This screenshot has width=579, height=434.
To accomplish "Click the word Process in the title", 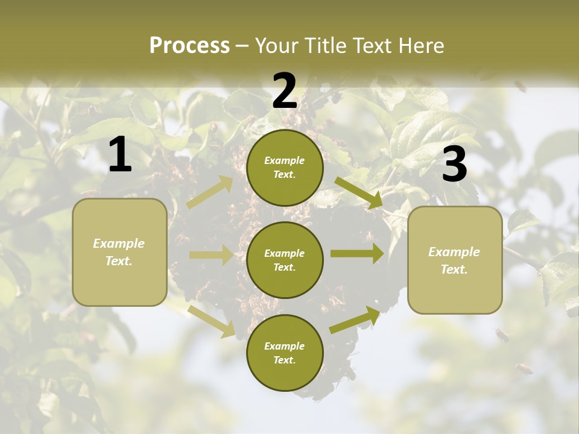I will click(189, 46).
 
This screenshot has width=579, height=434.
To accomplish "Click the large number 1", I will click(120, 155).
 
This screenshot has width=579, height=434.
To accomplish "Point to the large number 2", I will click(285, 91).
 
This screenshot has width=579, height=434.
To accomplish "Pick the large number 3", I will click(454, 164).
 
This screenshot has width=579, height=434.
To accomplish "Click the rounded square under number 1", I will click(119, 252).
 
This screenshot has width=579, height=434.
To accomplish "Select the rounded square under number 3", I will click(455, 260).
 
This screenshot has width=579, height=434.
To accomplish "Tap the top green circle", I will click(285, 168).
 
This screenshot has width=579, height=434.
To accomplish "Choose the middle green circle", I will click(285, 260).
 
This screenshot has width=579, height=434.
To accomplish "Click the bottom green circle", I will click(285, 353).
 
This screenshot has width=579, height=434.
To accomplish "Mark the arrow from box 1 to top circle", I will click(210, 192).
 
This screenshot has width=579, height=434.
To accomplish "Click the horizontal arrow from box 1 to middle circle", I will click(211, 255).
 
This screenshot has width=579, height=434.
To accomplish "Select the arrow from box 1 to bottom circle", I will click(212, 321).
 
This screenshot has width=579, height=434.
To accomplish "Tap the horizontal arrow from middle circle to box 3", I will click(357, 254).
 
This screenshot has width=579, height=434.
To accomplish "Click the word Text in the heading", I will click(374, 46).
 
